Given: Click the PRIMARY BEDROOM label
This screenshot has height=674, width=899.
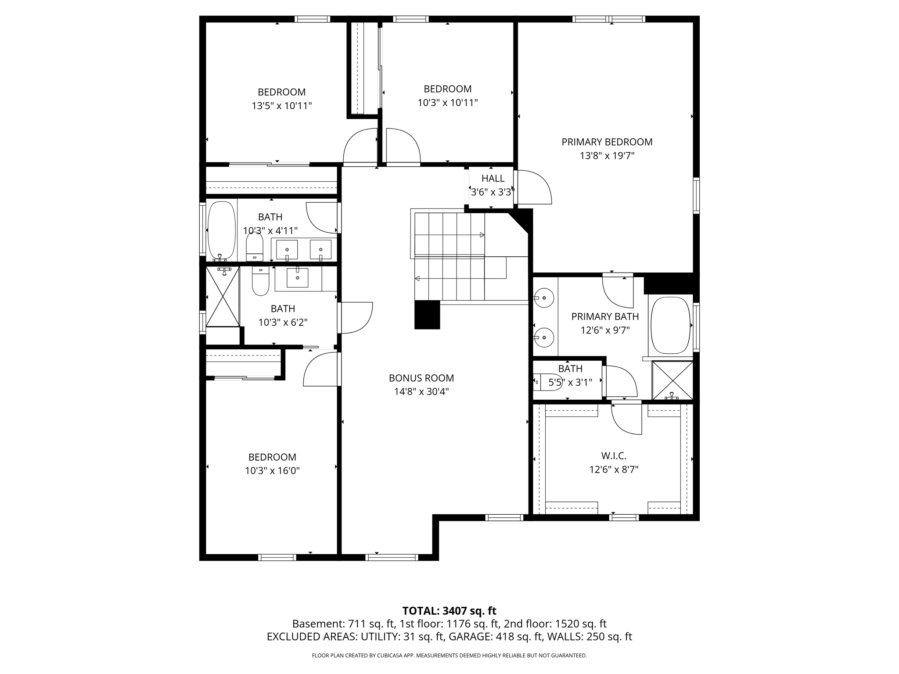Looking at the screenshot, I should (x=607, y=142).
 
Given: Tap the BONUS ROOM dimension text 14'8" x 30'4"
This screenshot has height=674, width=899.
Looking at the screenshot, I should (x=421, y=392).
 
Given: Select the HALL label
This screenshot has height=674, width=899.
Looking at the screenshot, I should (x=493, y=179).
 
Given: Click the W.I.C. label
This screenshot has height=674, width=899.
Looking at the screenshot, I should (x=613, y=456).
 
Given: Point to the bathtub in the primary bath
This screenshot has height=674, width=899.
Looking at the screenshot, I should (x=670, y=326).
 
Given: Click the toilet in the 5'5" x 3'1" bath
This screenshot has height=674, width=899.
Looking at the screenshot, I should (x=548, y=381).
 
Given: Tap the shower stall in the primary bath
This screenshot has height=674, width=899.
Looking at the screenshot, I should (x=672, y=380).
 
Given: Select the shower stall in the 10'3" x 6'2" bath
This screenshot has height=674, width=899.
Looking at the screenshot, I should (x=223, y=297).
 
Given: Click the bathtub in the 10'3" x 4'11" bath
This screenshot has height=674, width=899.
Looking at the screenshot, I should (x=221, y=230).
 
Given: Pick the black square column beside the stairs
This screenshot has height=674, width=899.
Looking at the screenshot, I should (x=427, y=315).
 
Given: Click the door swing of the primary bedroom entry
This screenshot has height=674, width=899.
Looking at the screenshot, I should (x=533, y=187).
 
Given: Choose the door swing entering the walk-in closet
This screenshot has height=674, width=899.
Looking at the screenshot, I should (x=627, y=418).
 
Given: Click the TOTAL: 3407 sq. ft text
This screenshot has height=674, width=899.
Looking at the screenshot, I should (x=449, y=611).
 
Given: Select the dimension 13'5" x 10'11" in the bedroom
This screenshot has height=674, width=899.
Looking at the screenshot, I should (x=281, y=106).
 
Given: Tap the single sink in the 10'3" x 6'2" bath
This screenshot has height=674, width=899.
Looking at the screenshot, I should (x=298, y=277).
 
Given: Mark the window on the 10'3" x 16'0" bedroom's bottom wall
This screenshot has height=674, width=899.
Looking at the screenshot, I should (x=277, y=557).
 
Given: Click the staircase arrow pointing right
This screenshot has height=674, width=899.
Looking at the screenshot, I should (x=482, y=235).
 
